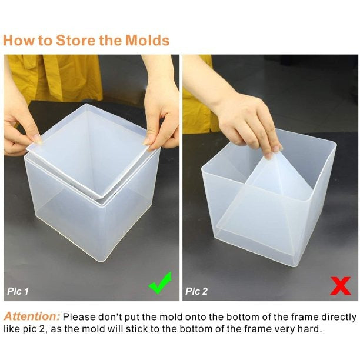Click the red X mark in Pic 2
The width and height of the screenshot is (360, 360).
pos(340,285)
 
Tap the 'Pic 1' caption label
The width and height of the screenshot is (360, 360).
pos(18,291)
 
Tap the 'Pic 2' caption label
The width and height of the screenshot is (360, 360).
pos(196,291)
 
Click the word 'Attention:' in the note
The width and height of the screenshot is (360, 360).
pos(31,316)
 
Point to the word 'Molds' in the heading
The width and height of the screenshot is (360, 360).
pos(147,41)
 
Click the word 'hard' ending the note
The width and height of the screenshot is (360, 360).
pos(311,329)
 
